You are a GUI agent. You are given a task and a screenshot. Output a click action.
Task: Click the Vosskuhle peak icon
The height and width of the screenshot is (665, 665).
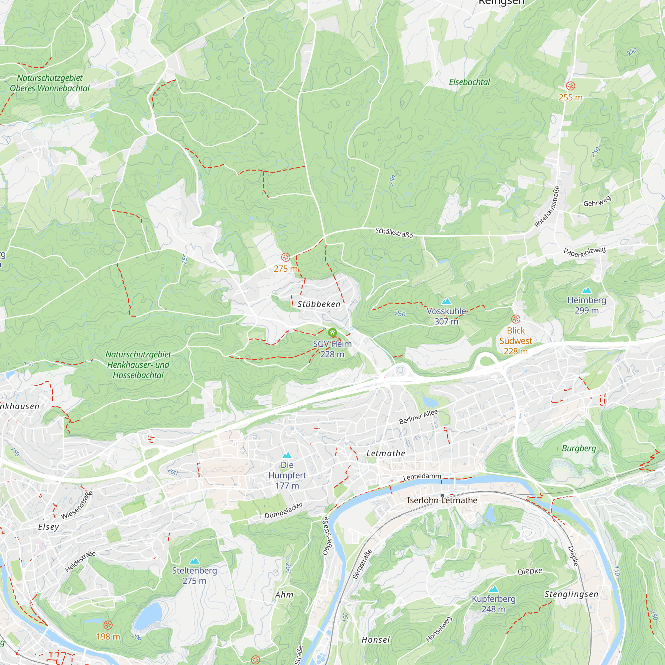point(447,302)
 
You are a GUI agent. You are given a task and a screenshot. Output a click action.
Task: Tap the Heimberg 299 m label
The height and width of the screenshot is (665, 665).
point(587,305)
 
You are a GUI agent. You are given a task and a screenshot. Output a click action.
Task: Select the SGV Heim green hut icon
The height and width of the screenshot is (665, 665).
point(332,332)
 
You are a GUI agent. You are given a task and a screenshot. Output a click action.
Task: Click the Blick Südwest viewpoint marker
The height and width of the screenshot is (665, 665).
point(515,319)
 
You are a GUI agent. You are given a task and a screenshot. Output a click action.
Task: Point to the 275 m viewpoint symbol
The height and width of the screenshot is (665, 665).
point(286,257)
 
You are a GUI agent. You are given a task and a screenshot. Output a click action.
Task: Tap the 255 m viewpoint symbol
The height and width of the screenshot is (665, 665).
point(570,86)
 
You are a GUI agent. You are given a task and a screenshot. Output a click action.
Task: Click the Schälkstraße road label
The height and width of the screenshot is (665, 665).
point(393,233)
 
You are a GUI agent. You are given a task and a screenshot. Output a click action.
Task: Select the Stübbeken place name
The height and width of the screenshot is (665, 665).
point(319,304)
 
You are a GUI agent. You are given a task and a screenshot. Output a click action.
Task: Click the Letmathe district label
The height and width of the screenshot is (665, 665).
point(385,453)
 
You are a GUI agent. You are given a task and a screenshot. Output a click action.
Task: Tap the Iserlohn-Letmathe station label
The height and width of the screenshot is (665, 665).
point(442,500)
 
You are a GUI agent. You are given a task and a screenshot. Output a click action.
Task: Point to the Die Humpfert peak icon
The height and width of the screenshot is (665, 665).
point(287,456)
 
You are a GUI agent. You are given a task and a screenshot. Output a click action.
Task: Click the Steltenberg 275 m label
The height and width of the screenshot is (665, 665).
point(195,576)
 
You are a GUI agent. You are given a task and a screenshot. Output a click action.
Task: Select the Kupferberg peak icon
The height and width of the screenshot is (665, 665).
point(493,589)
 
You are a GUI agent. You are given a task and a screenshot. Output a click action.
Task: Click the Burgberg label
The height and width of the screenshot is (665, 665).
point(579,448)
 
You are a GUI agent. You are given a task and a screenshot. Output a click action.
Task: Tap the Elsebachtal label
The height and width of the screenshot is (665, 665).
point(469,82)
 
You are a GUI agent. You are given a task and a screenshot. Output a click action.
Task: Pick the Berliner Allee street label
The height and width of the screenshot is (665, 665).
point(418,417)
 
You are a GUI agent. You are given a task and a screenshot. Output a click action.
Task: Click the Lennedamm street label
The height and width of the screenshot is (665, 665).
point(422,477)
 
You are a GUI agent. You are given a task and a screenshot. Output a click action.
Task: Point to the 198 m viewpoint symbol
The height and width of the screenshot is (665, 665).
point(108,625)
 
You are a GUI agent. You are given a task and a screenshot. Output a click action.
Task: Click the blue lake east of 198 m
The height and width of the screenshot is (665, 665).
point(149,615)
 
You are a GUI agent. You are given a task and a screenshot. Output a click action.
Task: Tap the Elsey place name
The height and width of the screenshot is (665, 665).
point(49,527)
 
